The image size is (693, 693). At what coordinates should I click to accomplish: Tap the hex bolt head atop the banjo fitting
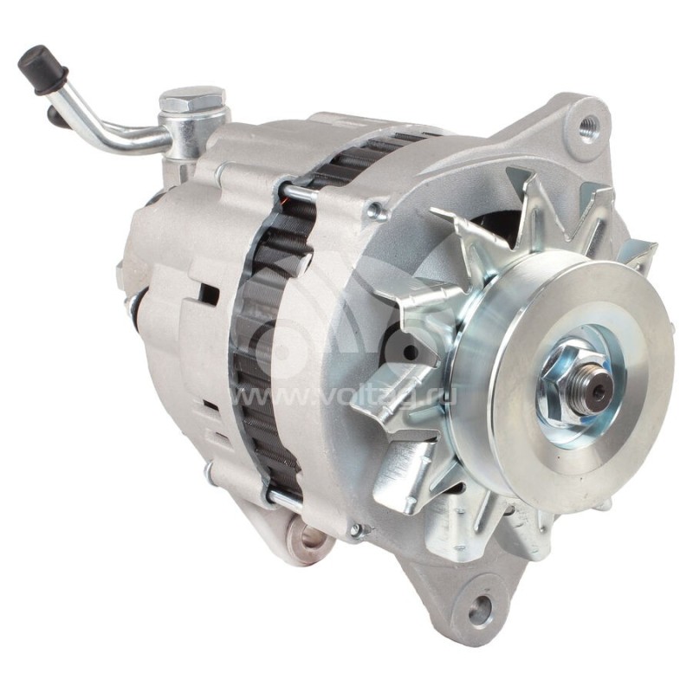pyautogui.click(x=193, y=98)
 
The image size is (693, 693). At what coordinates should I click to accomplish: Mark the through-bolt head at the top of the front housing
pyautogui.click(x=376, y=209)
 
